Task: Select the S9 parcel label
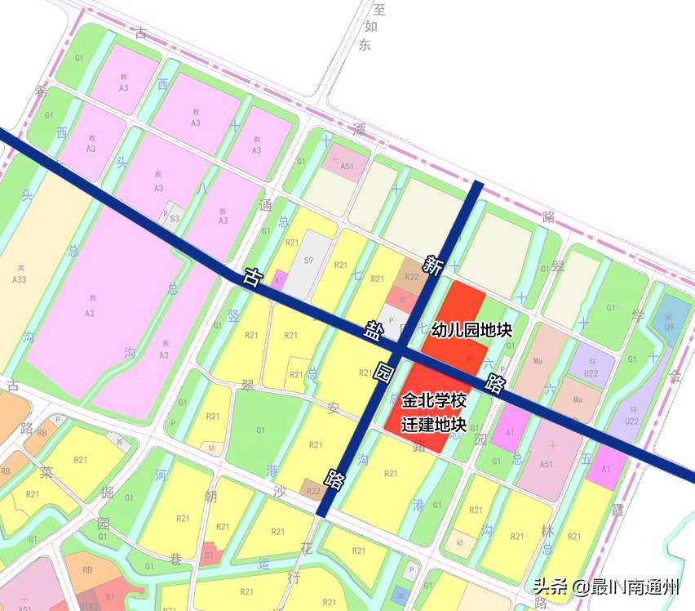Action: tap(308, 261)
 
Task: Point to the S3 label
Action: tap(175, 218)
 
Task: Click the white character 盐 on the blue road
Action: tap(372, 332)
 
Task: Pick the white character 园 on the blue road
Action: tap(383, 376)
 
